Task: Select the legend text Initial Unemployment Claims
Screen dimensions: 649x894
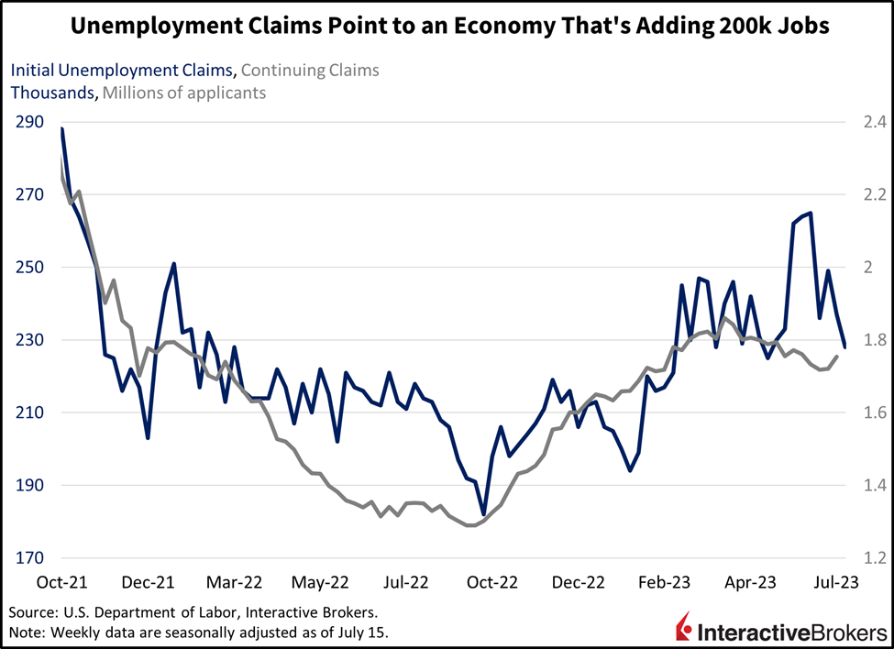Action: (x=122, y=70)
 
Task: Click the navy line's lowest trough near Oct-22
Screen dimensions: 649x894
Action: (x=483, y=514)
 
